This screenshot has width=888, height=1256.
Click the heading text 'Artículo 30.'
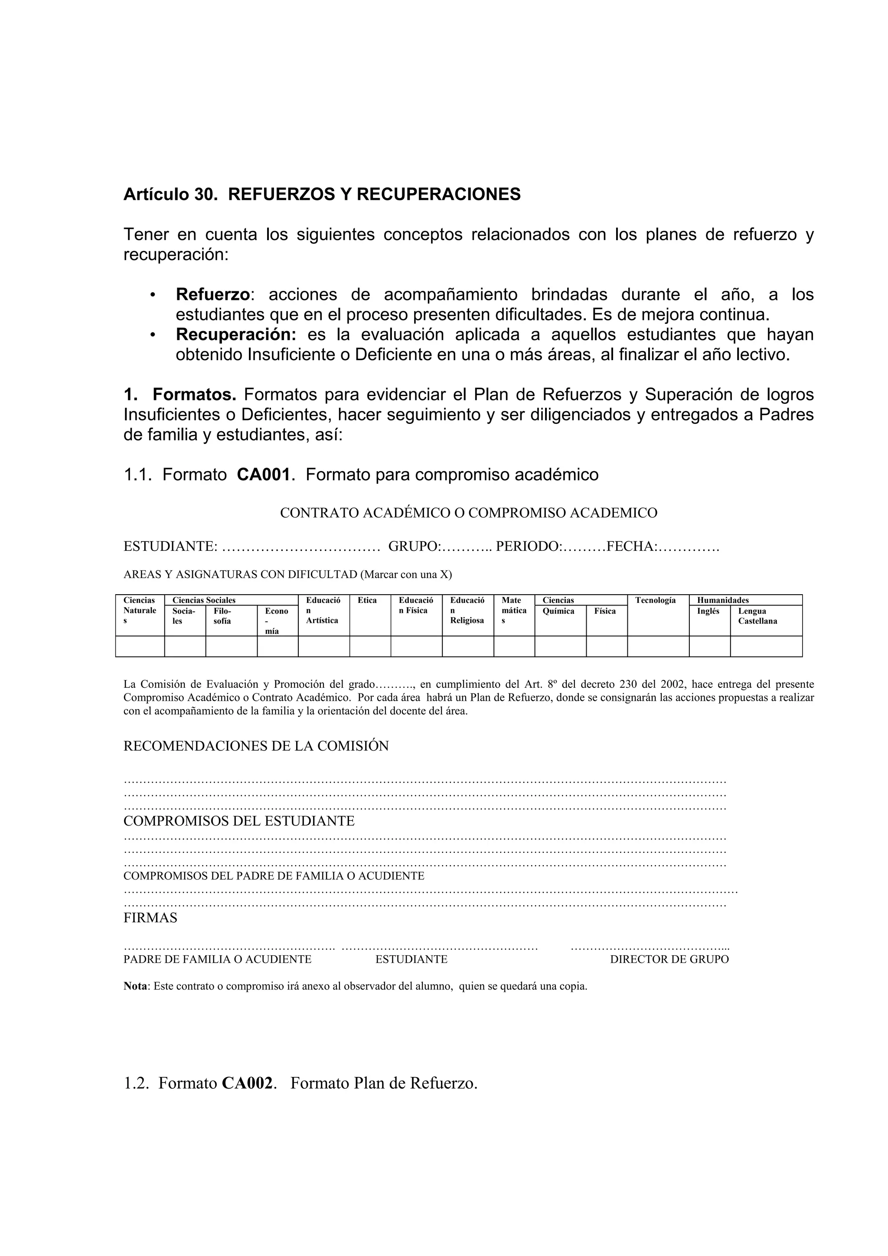[170, 194]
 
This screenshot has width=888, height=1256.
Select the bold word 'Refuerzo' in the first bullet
[213, 294]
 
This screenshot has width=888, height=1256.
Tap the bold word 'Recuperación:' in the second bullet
[236, 334]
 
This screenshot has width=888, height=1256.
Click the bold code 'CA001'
[263, 474]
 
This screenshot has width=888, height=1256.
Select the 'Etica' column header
[367, 600]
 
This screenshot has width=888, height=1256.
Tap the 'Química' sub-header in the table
[558, 611]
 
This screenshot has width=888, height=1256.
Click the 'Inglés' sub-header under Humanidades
[708, 611]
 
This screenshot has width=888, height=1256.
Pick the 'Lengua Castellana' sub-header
[757, 616]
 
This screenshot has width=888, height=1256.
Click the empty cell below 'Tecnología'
[658, 646]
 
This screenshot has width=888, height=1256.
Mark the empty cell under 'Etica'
[370, 646]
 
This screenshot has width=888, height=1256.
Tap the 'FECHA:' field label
[632, 547]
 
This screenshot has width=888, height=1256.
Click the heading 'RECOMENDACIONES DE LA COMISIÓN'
[256, 746]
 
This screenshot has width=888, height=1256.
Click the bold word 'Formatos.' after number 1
[194, 394]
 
